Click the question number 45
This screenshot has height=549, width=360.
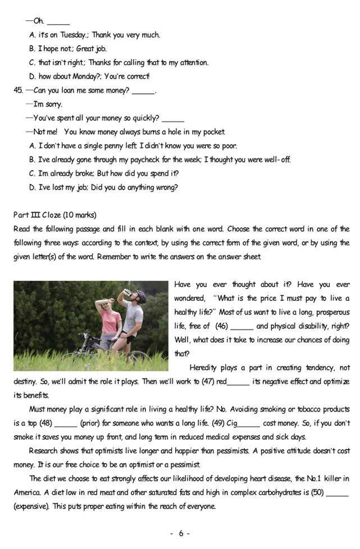pyautogui.click(x=18, y=90)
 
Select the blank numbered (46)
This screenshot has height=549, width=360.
pyautogui.click(x=241, y=326)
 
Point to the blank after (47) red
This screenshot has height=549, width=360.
pyautogui.click(x=238, y=382)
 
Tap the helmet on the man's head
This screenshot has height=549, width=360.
pyautogui.click(x=140, y=294)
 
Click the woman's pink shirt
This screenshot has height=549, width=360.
pyautogui.click(x=110, y=322)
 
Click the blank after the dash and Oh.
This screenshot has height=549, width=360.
pyautogui.click(x=58, y=21)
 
